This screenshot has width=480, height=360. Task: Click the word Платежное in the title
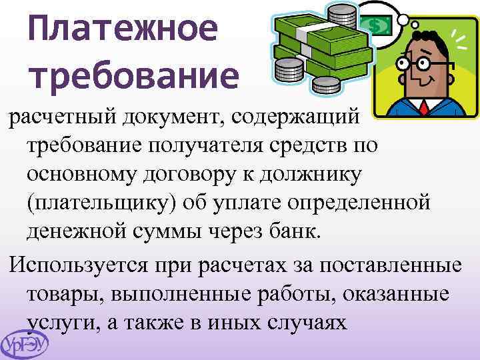124,30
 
